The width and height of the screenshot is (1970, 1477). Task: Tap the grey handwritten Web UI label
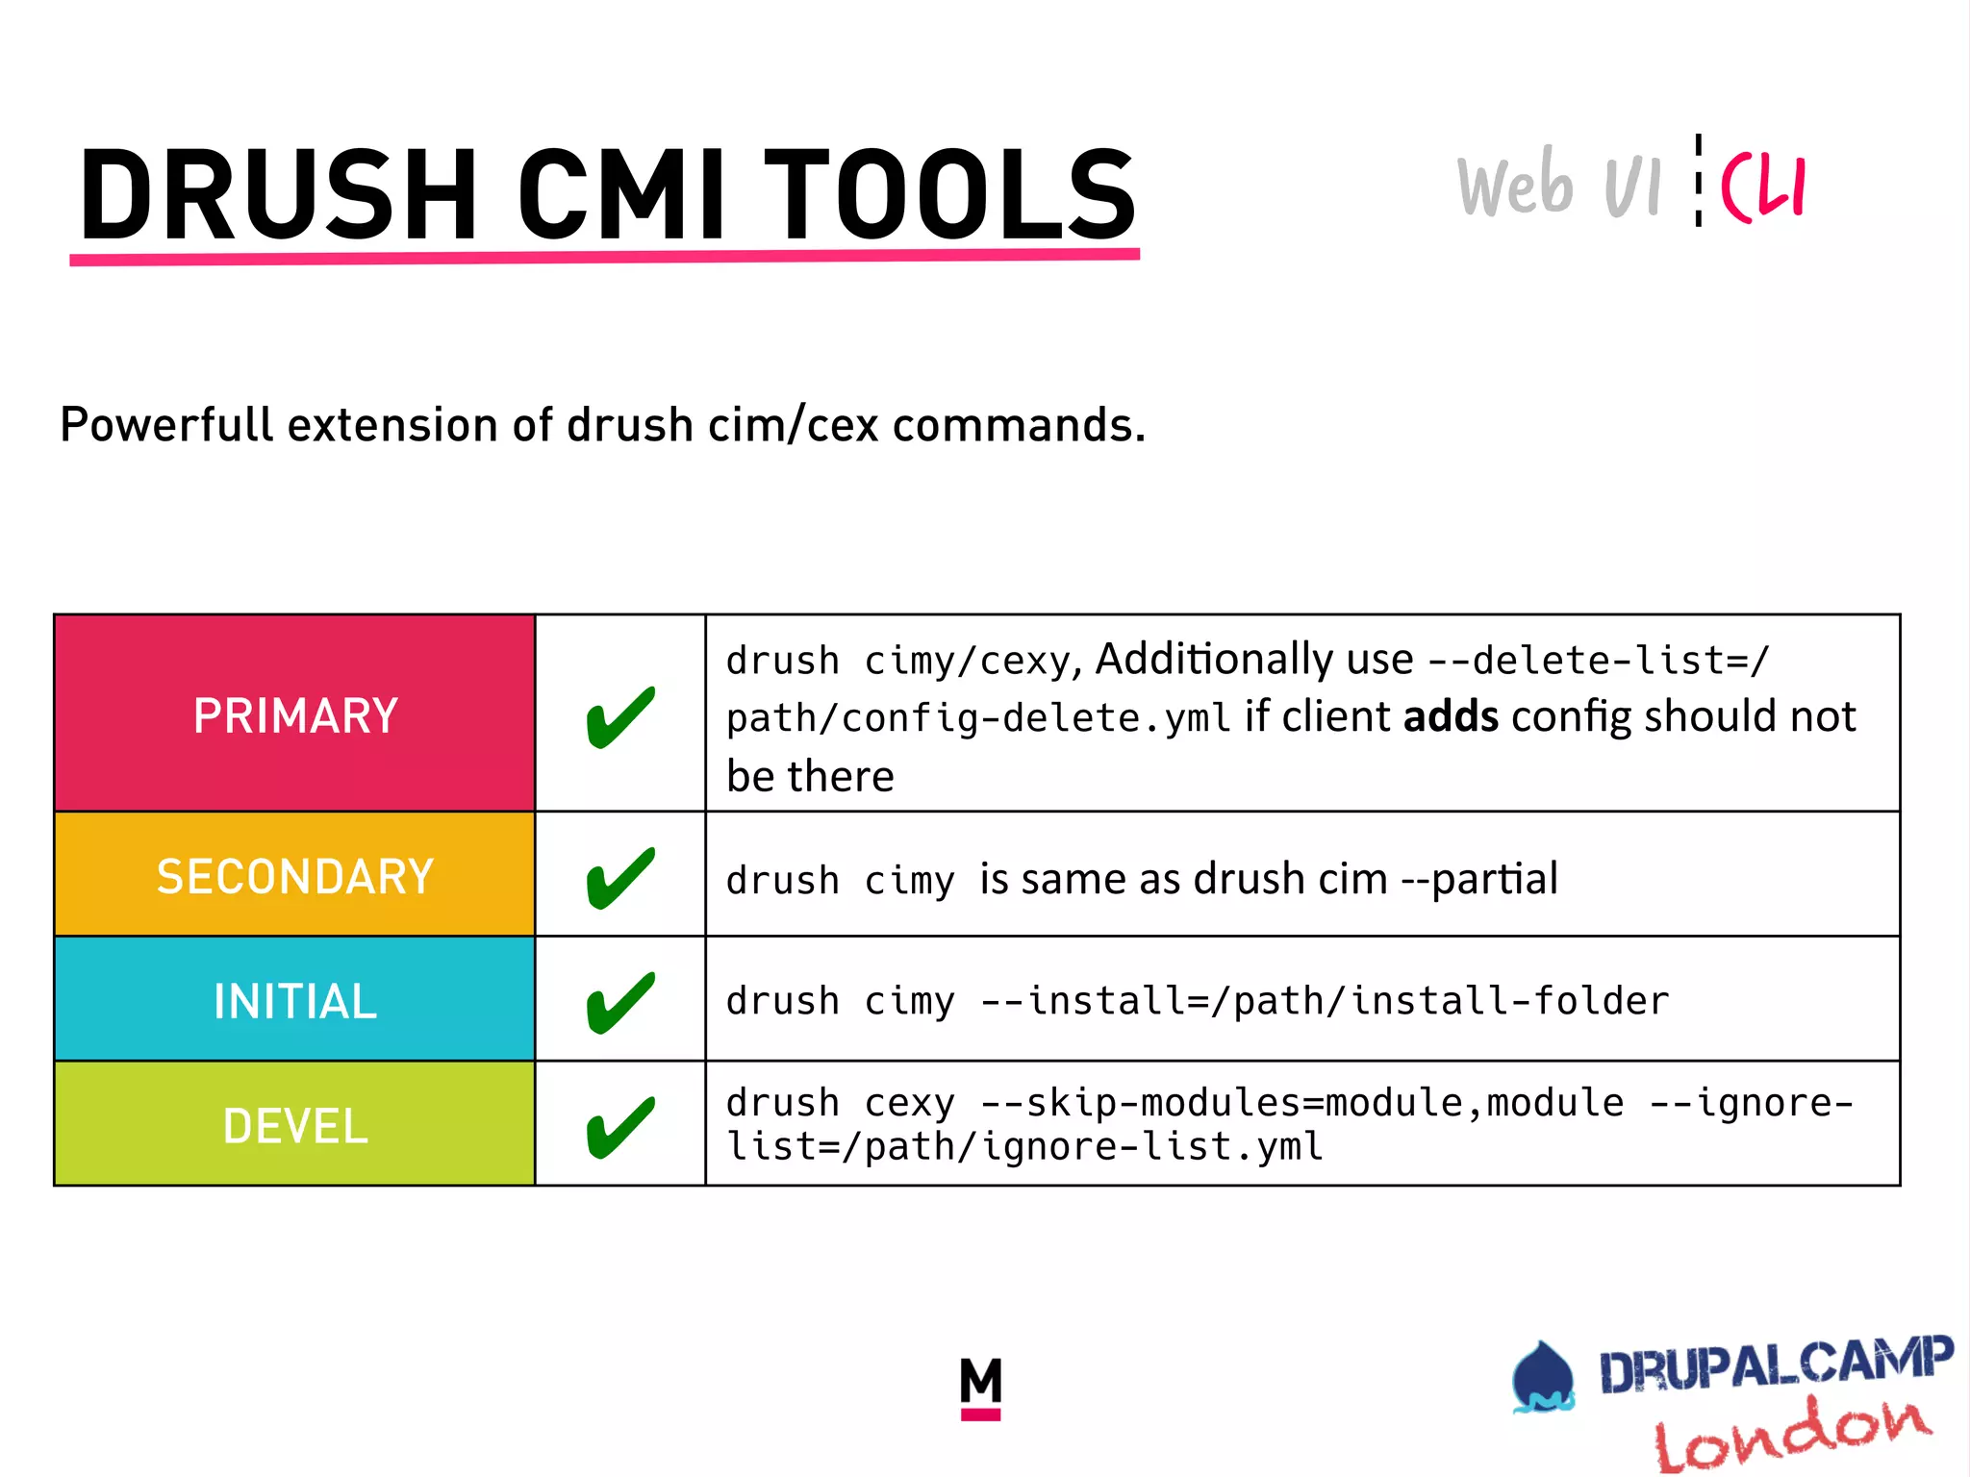point(1558,184)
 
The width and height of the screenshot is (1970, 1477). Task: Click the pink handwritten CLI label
point(1763,187)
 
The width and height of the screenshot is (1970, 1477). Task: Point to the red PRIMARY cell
point(294,714)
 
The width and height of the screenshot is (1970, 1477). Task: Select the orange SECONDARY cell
point(294,875)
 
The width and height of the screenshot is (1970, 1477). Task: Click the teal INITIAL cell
point(294,1000)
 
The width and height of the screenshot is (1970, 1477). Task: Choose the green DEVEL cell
point(294,1125)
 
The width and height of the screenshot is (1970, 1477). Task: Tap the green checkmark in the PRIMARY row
point(620,717)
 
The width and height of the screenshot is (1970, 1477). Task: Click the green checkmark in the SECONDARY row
point(620,878)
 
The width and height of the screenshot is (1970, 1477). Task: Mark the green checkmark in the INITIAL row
point(620,1003)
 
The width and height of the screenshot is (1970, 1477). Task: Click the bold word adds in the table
point(1451,717)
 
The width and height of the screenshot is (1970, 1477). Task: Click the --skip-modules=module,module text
point(1301,1103)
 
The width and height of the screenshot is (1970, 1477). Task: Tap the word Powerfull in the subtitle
point(166,424)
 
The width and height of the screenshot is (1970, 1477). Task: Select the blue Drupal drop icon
point(1542,1377)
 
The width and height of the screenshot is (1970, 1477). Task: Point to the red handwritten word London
point(1791,1434)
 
